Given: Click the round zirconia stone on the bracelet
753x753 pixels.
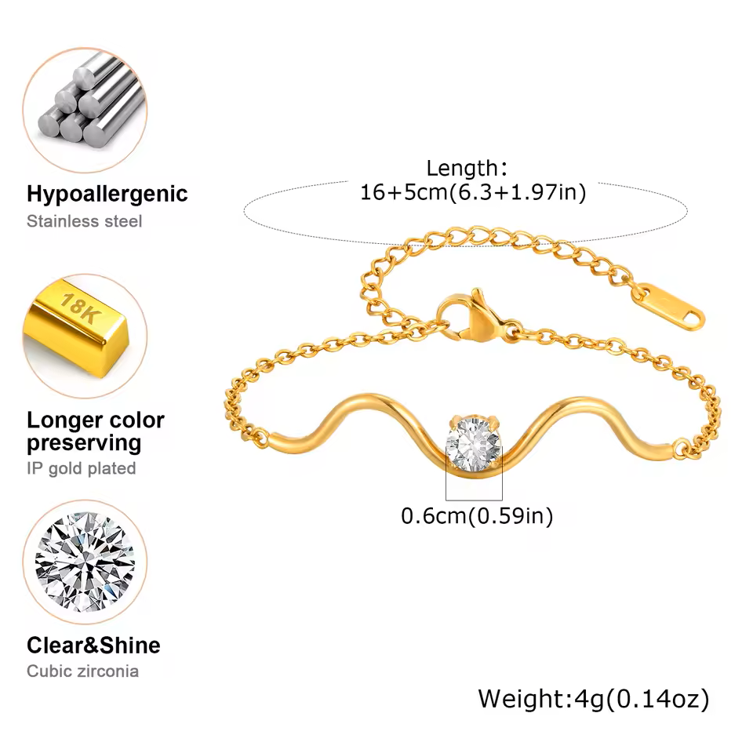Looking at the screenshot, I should (x=473, y=446).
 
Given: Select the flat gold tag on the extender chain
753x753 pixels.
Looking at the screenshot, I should (x=667, y=307).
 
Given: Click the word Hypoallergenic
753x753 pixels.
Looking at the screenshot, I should (x=107, y=194).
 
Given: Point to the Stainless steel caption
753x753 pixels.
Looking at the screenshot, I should (x=85, y=221).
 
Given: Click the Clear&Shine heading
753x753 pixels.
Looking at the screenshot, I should (x=93, y=646).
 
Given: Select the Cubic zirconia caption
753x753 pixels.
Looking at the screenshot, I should (x=82, y=671).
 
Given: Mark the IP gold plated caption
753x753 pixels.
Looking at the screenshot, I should (x=82, y=468).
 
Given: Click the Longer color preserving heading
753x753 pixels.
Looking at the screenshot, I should (x=96, y=431).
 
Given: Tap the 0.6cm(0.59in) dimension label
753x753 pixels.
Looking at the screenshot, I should (x=477, y=516).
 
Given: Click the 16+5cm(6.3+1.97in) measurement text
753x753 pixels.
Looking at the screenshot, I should (x=473, y=192).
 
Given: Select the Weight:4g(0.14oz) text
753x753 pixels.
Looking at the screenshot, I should (x=594, y=698).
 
